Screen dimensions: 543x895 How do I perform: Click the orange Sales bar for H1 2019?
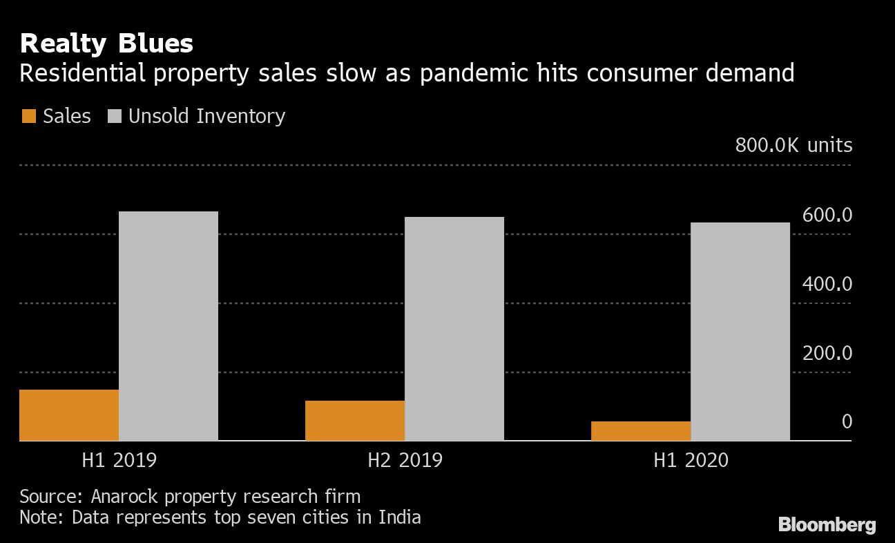pos(69,415)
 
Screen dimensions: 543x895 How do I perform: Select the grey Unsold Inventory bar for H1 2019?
pos(169,326)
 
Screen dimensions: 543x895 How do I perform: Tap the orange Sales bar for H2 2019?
pos(355,421)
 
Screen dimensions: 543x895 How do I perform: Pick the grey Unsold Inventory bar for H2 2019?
pos(454,329)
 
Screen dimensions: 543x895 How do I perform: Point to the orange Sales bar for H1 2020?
pos(641,431)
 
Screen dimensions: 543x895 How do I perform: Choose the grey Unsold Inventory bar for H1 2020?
pos(740,332)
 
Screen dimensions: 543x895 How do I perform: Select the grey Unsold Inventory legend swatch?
pos(115,116)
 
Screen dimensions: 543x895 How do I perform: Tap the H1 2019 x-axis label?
pos(119,460)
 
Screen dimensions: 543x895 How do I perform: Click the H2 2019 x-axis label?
pos(405,460)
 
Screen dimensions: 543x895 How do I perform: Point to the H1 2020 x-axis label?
pos(691,460)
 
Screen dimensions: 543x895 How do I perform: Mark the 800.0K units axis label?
pos(793,146)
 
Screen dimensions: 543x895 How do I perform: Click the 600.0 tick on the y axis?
pos(827,216)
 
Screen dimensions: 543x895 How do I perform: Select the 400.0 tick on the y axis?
pos(827,285)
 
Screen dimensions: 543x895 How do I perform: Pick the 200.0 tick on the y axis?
pos(827,354)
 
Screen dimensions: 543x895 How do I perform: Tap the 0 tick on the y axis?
pos(847,422)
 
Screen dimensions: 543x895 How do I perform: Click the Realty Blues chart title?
pos(106,44)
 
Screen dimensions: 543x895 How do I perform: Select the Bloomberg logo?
pos(827,525)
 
